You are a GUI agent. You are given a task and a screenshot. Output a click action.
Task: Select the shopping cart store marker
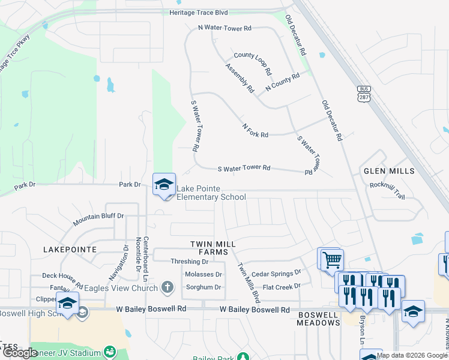tap(330, 260)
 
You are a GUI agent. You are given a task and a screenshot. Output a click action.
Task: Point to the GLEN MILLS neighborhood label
tap(389, 171)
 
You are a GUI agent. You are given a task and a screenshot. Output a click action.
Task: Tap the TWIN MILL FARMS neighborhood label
tap(212, 248)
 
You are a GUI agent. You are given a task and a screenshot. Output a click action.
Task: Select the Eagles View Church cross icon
tap(169, 288)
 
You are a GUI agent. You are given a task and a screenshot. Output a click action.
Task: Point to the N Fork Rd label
tap(255, 131)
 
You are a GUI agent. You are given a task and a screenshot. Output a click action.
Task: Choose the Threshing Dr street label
tap(189, 262)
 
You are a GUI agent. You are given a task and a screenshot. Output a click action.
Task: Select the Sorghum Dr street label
tap(204, 287)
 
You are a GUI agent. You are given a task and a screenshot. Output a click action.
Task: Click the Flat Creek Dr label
tap(282, 287)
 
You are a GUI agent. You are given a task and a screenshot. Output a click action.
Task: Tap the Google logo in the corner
tap(20, 353)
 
